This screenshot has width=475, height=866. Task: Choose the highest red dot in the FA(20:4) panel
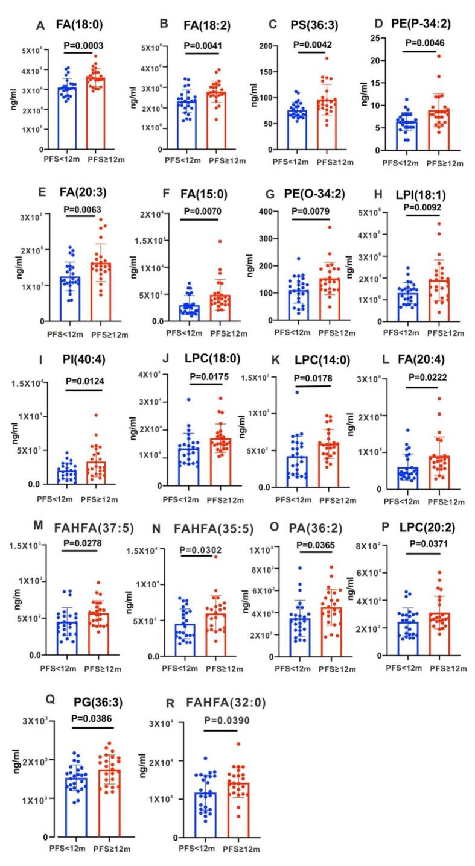point(439,399)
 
